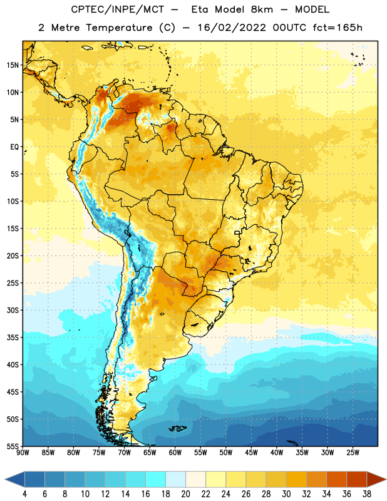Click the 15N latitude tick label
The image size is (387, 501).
click(13, 65)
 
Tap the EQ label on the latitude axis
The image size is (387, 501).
click(15, 147)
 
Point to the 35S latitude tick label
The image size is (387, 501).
click(13, 338)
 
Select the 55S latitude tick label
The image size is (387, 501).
click(13, 446)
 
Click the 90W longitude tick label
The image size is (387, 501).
click(23, 453)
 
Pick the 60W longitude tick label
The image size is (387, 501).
click(175, 453)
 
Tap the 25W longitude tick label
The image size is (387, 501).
click(353, 453)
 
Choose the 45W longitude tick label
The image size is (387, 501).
click(251, 453)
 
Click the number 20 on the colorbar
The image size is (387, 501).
click(185, 494)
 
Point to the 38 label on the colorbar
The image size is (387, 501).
click(366, 494)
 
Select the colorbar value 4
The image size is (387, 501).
click(24, 494)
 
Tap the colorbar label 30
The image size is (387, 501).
click(286, 494)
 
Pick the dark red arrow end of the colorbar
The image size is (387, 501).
click(376, 480)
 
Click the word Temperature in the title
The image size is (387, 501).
click(119, 28)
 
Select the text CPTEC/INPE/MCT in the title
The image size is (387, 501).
click(118, 9)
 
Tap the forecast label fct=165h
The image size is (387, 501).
click(338, 28)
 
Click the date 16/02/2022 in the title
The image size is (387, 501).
click(232, 28)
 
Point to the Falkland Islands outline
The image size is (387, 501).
click(177, 428)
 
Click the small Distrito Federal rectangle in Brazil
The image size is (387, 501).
click(237, 232)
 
